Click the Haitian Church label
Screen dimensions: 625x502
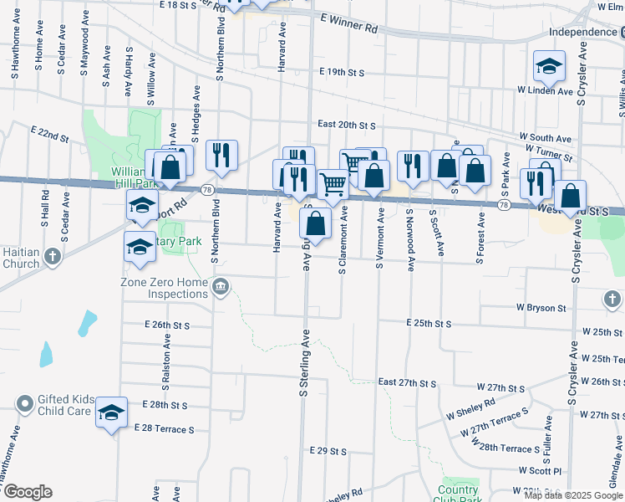[19, 257]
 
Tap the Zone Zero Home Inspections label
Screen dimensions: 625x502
[165, 288]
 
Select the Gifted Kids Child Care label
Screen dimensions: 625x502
[64, 405]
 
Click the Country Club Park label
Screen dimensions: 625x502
[459, 495]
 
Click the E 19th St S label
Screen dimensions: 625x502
[337, 74]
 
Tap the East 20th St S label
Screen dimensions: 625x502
[346, 125]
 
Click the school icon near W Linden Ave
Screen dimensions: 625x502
[550, 65]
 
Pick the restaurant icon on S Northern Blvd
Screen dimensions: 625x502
[221, 154]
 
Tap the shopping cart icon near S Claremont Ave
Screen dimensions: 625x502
[333, 184]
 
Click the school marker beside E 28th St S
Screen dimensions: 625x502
[111, 412]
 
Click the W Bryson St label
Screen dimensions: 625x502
[541, 308]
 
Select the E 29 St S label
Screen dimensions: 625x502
[328, 451]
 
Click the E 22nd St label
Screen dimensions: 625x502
[49, 133]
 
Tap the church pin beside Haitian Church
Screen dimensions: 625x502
[53, 257]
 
